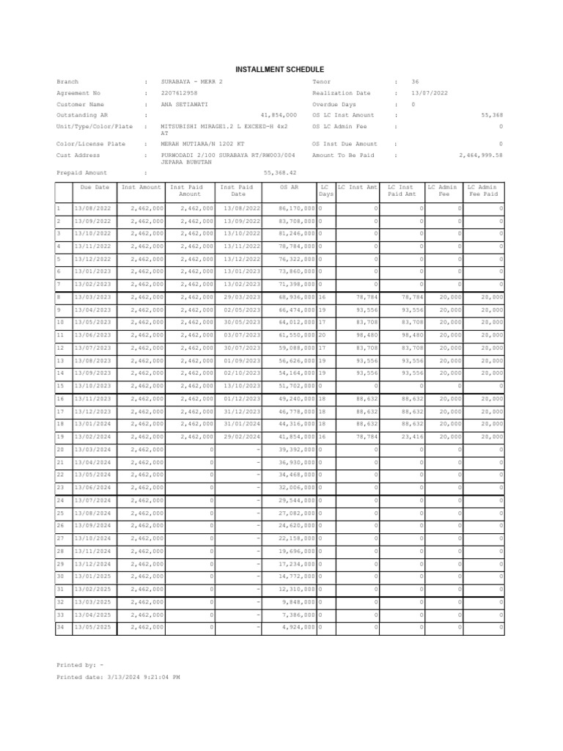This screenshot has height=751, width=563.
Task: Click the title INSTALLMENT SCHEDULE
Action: coord(279,69)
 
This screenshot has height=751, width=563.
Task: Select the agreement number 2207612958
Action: coord(180,93)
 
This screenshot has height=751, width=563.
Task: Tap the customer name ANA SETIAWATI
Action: coord(183,104)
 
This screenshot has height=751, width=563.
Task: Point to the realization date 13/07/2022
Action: coord(430,93)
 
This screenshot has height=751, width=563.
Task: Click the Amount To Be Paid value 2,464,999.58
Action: coord(480,155)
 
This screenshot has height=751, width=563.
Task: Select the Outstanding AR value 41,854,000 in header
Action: coord(279,115)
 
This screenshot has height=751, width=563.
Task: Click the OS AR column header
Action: coord(290,188)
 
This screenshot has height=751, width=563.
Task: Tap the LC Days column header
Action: coord(325,191)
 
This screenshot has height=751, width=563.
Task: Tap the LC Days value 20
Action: coord(322,335)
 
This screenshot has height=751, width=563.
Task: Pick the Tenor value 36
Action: coord(415,82)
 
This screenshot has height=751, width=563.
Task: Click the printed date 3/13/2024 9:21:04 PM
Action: coord(144,677)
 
